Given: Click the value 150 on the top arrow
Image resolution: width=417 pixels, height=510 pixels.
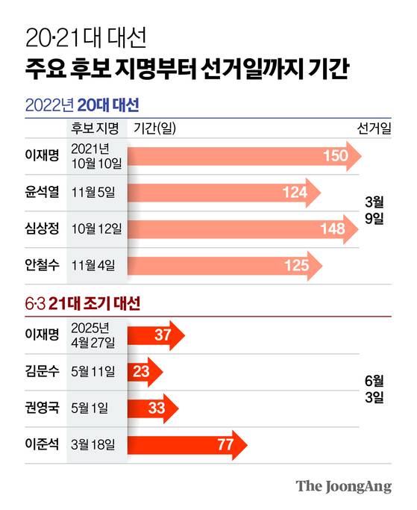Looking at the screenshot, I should click(x=336, y=156).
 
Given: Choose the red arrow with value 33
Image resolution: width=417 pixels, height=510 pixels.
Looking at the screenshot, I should click(x=153, y=408).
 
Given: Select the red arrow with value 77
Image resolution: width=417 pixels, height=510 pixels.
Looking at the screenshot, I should click(x=186, y=446).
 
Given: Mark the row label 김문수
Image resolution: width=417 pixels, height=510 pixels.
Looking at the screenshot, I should click(x=42, y=372).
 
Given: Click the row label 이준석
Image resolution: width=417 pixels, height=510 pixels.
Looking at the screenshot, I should click(x=42, y=445).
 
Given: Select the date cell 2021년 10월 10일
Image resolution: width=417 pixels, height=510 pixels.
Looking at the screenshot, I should click(x=95, y=155).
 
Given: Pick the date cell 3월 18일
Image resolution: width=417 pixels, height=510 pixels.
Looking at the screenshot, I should click(x=95, y=445).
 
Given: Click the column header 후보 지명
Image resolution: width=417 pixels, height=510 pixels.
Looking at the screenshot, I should click(x=95, y=127).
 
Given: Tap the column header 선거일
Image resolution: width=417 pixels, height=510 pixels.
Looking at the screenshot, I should click(x=373, y=127).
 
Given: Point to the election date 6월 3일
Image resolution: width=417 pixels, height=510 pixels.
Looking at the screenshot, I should click(x=374, y=389).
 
